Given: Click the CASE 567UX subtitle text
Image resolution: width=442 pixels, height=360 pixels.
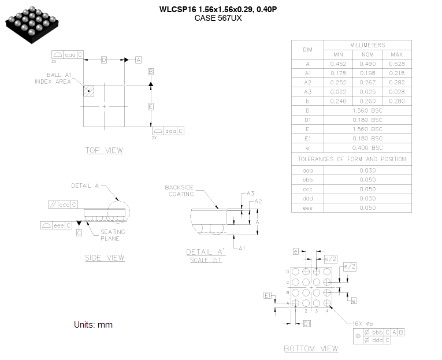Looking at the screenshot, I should tap(218, 18).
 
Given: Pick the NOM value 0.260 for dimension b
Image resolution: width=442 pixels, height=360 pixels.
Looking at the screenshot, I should tap(367, 101).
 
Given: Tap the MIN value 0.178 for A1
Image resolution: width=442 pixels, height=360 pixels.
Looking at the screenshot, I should tap(338, 73).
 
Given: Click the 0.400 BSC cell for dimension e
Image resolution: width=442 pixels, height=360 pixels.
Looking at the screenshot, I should tap(367, 148).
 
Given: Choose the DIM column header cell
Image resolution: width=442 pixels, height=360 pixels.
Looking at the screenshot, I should tap(308, 50).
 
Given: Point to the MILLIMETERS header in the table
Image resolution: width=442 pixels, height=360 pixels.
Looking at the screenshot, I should tap(367, 45).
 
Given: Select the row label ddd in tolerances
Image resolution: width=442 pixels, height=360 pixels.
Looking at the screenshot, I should tap(308, 198).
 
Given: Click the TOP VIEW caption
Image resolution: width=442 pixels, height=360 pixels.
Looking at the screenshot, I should tap(104, 151).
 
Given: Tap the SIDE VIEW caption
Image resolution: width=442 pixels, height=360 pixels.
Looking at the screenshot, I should tap(104, 258).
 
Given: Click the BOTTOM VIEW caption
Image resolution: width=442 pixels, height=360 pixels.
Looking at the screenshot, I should tap(311, 348).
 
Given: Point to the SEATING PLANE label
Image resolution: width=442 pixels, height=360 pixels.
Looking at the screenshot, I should tap(113, 235).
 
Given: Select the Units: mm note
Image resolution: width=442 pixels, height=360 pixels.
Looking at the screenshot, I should tap(93, 325).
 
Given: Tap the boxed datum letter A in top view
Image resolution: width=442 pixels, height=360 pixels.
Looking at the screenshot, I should tap(138, 60).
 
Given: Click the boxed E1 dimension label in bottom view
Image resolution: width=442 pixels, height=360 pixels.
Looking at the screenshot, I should tap(268, 295).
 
